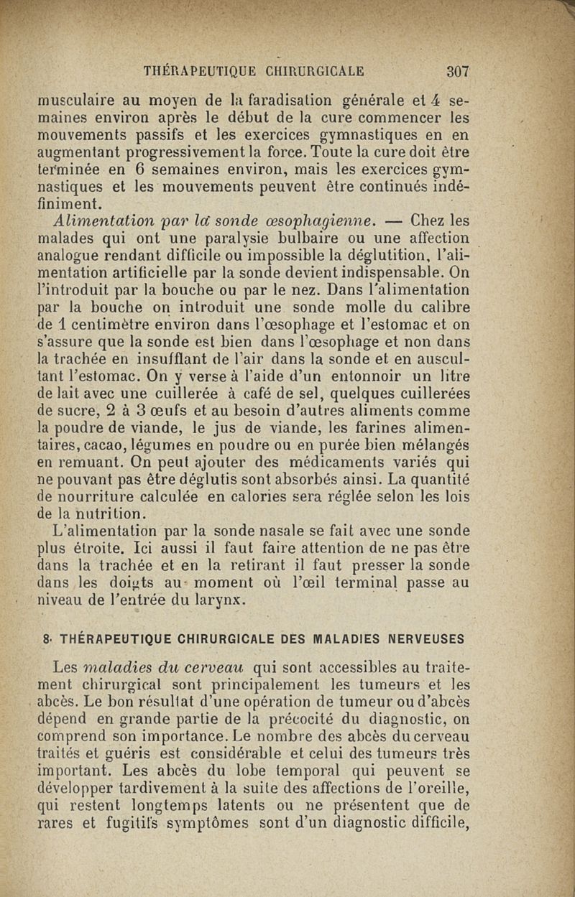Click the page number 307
coord(457,71)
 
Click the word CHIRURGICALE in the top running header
coord(316,71)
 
